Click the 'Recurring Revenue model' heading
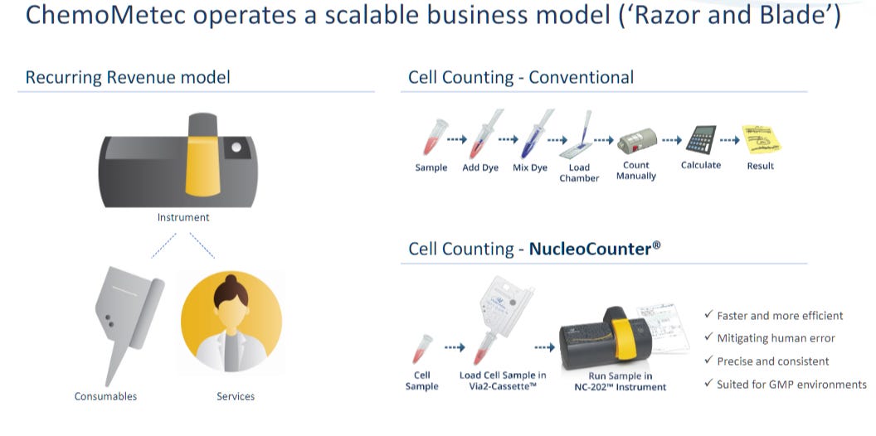pyautogui.click(x=128, y=78)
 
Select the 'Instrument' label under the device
pyautogui.click(x=183, y=217)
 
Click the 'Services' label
pyautogui.click(x=236, y=396)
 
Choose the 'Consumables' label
pyautogui.click(x=106, y=396)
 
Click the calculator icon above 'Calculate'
pyautogui.click(x=702, y=139)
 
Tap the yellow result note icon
pyautogui.click(x=761, y=139)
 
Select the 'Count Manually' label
pyautogui.click(x=636, y=171)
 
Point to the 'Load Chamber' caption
pyautogui.click(x=579, y=172)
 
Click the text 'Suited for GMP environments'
pyautogui.click(x=791, y=385)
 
